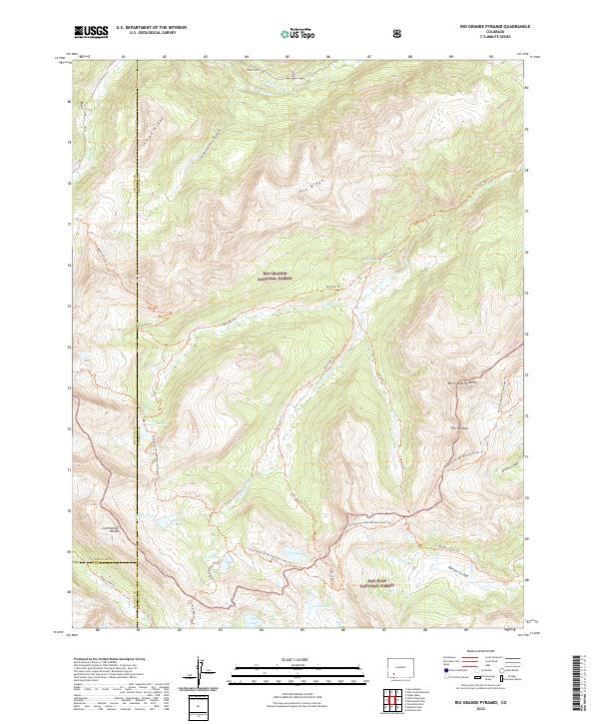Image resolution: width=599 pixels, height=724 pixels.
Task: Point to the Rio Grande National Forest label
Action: [x=275, y=275]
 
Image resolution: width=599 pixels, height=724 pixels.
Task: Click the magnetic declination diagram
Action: [x=203, y=673]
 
